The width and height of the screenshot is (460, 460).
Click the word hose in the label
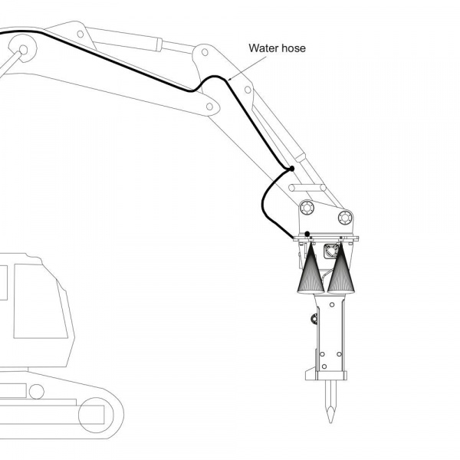[293, 48]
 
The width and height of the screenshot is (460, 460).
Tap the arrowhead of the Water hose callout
[229, 78]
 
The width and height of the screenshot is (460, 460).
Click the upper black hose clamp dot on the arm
[291, 169]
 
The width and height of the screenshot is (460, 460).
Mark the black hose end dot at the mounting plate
[307, 233]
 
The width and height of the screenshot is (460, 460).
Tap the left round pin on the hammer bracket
[307, 207]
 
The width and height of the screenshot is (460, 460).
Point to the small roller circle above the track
[36, 391]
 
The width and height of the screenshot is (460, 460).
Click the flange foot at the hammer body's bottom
[330, 376]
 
